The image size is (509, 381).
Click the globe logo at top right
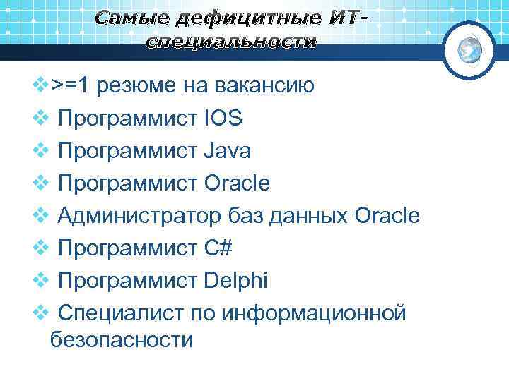pyautogui.click(x=470, y=49)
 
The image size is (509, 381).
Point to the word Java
pyautogui.click(x=226, y=151)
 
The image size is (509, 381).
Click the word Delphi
pyautogui.click(x=235, y=280)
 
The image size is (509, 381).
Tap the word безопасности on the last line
pyautogui.click(x=122, y=340)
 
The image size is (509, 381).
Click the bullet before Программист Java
pyautogui.click(x=40, y=151)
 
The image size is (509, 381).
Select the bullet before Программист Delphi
pyautogui.click(x=40, y=280)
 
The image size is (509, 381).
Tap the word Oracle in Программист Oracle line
pyautogui.click(x=237, y=183)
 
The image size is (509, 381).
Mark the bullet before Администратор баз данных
pyautogui.click(x=40, y=216)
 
